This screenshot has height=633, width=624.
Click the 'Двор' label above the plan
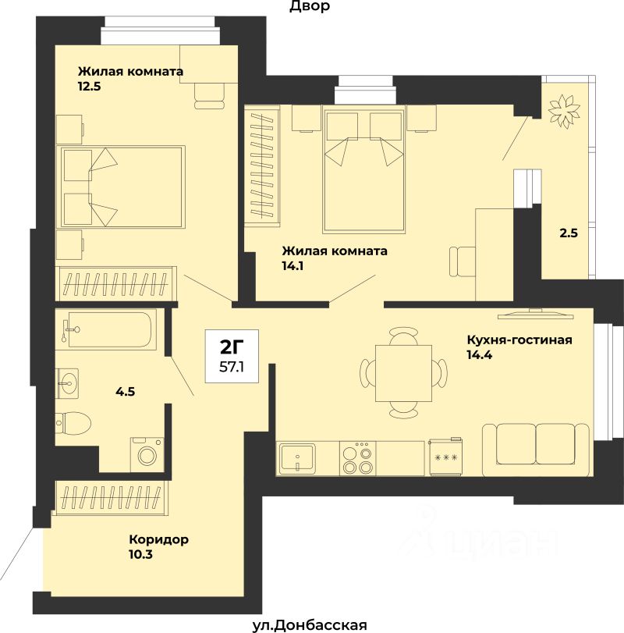(310, 6)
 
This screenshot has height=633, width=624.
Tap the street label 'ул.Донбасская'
(310, 625)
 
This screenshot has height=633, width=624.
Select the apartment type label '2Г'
(232, 347)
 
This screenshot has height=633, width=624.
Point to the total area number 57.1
(232, 367)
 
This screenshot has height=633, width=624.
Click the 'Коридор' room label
(158, 539)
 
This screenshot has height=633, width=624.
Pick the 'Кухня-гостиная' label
(519, 340)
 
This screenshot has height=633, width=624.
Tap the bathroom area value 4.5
(125, 391)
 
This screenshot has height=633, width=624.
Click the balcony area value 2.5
(569, 233)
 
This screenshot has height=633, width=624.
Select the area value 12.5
(89, 87)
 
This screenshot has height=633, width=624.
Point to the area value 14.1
(292, 266)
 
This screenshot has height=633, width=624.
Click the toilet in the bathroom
(73, 423)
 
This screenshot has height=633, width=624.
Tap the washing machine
(147, 454)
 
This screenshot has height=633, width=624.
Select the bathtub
(106, 329)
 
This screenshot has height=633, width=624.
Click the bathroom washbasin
(67, 382)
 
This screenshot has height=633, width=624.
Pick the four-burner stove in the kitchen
(357, 458)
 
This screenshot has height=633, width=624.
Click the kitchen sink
(298, 457)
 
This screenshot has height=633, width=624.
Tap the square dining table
(403, 373)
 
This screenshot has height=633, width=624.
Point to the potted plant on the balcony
(563, 111)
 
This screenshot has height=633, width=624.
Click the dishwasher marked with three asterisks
(445, 457)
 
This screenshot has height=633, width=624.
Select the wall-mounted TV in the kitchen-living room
(535, 314)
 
